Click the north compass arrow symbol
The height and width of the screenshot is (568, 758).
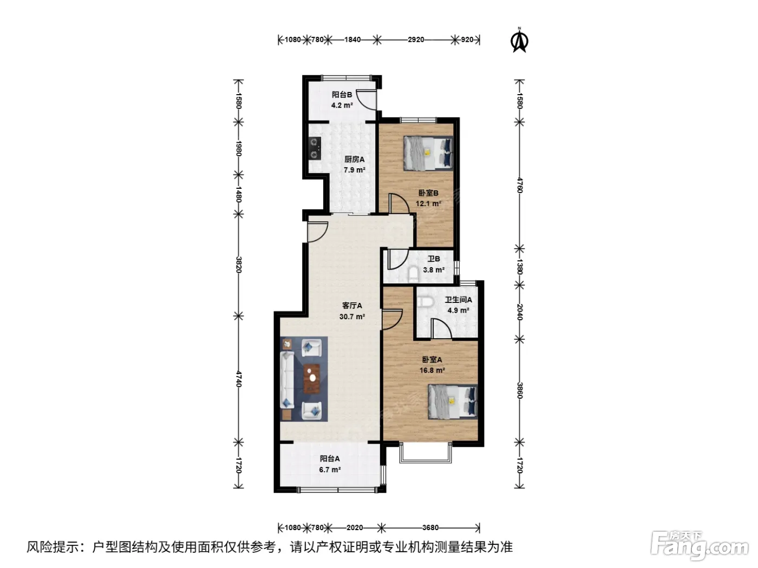tap(519, 41)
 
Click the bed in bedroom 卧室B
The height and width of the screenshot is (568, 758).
tap(428, 153)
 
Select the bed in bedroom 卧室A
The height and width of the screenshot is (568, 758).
tap(453, 402)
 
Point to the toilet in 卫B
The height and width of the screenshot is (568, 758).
tap(413, 274)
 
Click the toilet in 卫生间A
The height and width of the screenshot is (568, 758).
tap(425, 302)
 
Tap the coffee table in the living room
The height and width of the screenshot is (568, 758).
tap(312, 379)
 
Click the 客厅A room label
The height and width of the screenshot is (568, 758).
tap(352, 306)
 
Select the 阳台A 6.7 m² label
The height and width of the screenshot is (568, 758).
tap(330, 464)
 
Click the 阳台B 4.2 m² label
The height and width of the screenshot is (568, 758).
tap(342, 100)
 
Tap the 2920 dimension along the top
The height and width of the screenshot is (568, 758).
tap(416, 39)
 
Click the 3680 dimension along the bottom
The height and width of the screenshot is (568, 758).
tap(430, 527)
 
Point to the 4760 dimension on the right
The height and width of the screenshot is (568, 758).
tap(520, 185)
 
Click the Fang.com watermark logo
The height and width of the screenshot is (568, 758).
tap(700, 546)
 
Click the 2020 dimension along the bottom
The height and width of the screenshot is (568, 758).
tap(355, 527)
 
